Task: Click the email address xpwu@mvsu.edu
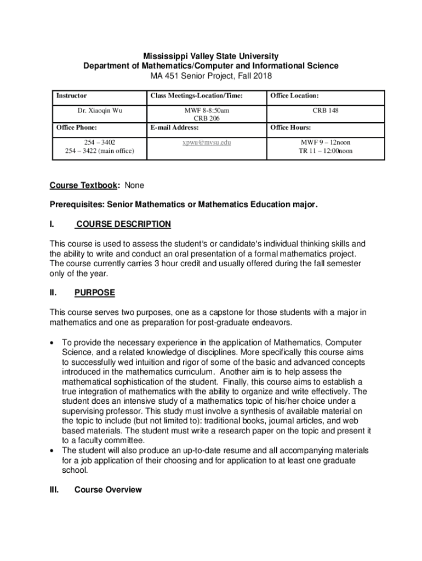[x=207, y=142]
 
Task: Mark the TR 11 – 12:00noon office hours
[x=326, y=151]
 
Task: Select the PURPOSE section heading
[x=95, y=293]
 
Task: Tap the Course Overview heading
[x=108, y=489]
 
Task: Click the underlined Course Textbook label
[x=84, y=185]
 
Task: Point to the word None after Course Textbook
[x=135, y=185]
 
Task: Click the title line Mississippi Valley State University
[x=211, y=56]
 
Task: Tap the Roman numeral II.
[x=54, y=293]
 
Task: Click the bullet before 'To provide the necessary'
[x=52, y=342]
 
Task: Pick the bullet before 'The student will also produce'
[x=52, y=450]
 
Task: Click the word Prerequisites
[x=76, y=204]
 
